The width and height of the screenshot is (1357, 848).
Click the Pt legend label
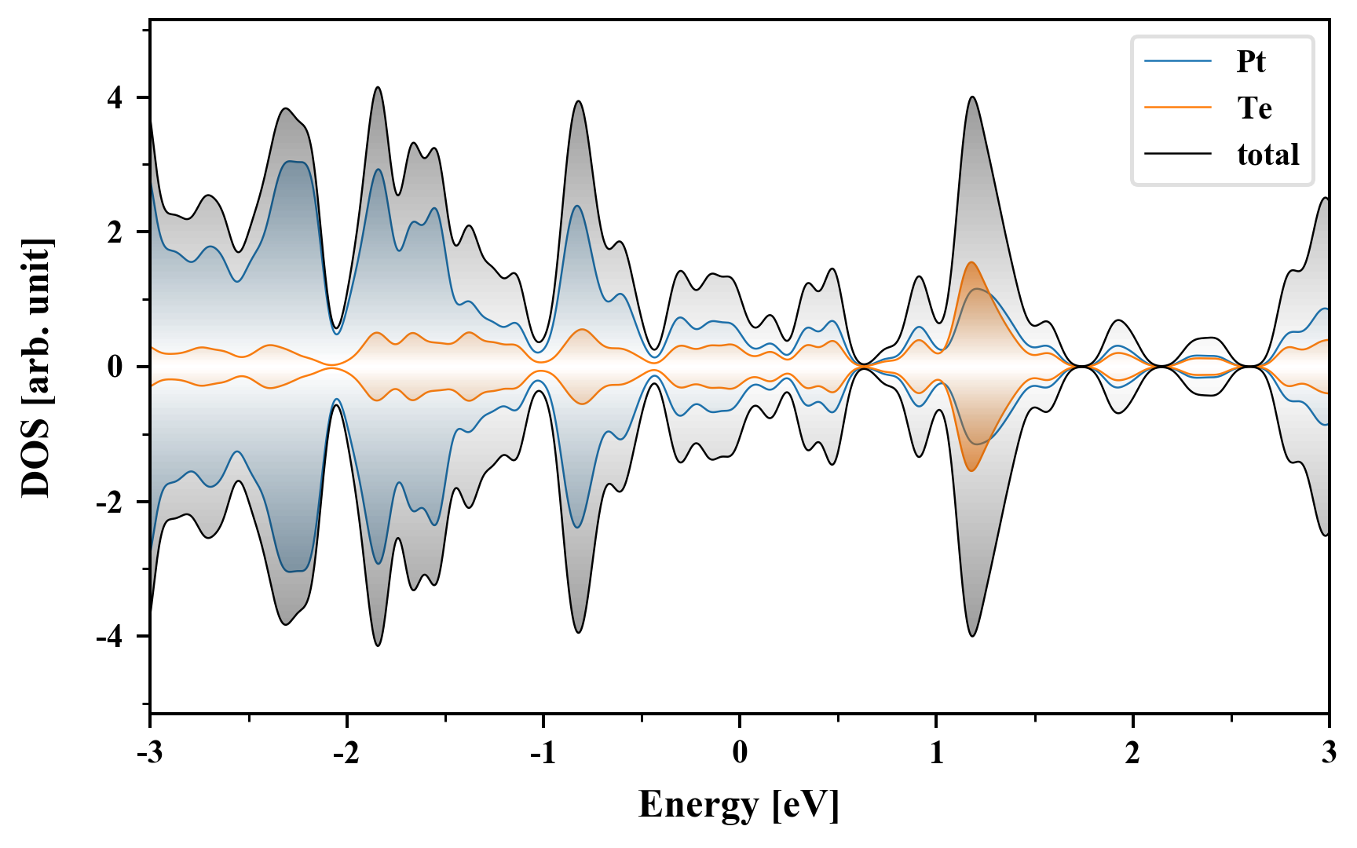coord(1251,61)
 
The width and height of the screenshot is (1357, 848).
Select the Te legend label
coord(1254,108)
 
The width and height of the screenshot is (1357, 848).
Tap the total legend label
coord(1268,154)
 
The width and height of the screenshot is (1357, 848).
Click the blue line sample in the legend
coord(1178,61)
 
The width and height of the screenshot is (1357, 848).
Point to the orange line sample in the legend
coord(1178,108)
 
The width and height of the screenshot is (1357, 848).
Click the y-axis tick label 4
coord(115,98)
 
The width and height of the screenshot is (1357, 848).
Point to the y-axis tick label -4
coord(110,637)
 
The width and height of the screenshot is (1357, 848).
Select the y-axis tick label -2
coord(110,502)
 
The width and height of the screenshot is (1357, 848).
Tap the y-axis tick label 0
coord(115,367)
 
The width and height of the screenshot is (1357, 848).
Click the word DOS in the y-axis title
coord(36,464)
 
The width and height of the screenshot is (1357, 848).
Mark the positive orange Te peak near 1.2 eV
coord(971,262)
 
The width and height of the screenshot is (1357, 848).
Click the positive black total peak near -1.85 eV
coord(378,87)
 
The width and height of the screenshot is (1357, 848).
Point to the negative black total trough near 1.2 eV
coord(973,635)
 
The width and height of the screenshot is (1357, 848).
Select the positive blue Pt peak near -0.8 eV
coord(577,206)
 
